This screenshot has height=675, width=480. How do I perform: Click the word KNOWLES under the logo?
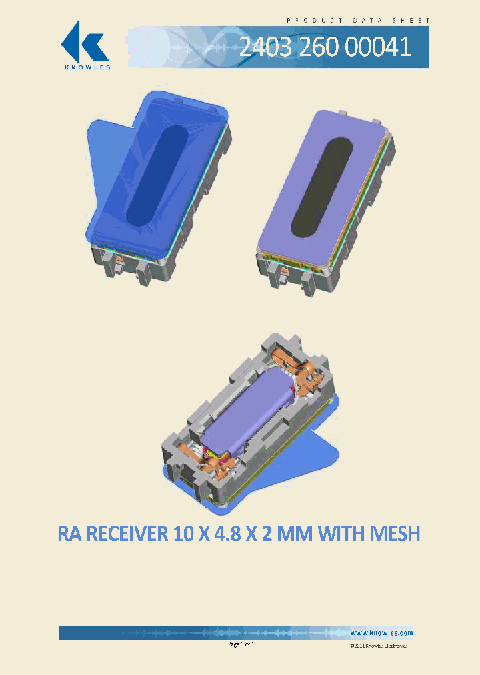86,66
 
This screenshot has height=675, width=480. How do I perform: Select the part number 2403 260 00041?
324,47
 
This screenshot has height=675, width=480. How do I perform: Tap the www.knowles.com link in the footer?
381,632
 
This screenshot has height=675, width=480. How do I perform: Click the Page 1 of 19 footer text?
243,644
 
